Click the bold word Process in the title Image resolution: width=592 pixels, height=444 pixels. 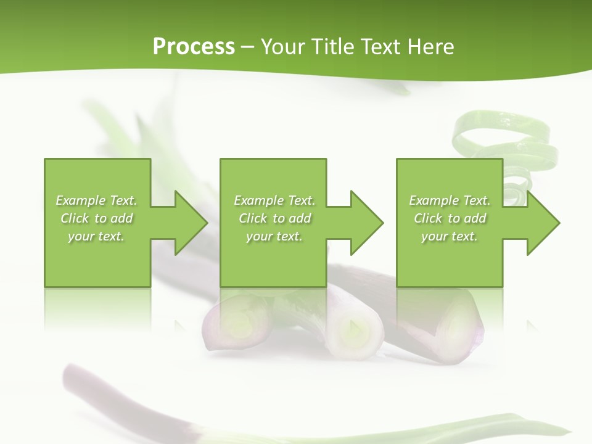click(194, 47)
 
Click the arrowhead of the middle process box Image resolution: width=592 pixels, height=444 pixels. click(366, 223)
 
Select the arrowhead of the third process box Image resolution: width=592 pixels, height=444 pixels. click(543, 223)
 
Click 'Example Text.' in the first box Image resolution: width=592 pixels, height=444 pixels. click(96, 200)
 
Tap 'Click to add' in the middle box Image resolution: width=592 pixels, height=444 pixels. click(274, 218)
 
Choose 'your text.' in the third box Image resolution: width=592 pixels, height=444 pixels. click(450, 236)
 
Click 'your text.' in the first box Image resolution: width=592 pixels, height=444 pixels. click(96, 236)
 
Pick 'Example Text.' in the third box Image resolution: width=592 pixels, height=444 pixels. click(450, 200)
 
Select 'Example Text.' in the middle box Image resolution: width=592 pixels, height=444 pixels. click(274, 200)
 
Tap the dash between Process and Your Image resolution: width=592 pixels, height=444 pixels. click(248, 47)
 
